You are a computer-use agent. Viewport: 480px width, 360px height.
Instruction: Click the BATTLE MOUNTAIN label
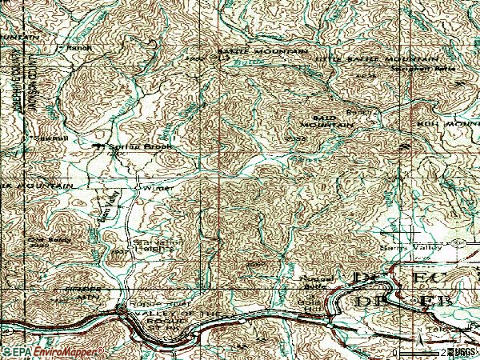(262, 52)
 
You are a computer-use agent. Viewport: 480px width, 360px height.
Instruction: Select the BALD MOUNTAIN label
(327, 121)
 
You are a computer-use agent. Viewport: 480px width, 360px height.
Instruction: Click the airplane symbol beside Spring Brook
(100, 147)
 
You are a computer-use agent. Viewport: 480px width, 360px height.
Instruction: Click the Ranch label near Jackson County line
(79, 46)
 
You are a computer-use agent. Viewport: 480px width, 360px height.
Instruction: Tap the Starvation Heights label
(152, 242)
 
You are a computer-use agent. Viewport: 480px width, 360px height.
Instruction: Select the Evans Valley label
(113, 207)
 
